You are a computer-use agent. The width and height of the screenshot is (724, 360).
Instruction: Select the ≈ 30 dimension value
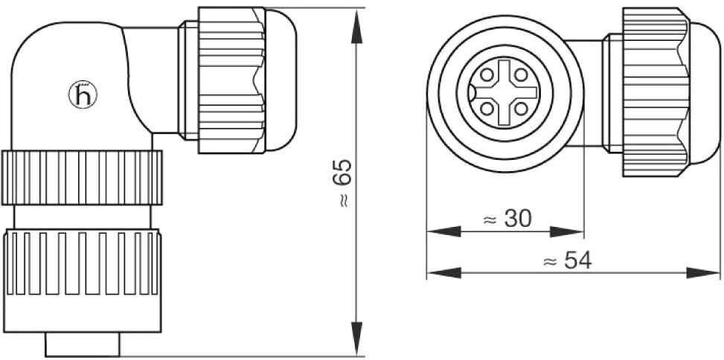pos(507,219)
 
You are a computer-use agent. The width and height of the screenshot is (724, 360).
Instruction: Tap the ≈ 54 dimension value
pos(568,261)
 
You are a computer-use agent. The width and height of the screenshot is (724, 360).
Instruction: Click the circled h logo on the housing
pos(83,95)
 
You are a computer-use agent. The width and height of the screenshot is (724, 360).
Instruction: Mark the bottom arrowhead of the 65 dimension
pos(357,338)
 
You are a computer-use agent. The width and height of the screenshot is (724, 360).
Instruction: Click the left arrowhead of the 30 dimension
pos(444,231)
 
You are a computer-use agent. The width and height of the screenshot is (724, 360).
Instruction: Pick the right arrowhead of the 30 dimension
pos(567,231)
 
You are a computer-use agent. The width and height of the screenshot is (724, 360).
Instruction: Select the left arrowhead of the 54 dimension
pos(444,273)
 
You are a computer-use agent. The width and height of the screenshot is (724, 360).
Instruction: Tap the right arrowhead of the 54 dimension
pos(703,273)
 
